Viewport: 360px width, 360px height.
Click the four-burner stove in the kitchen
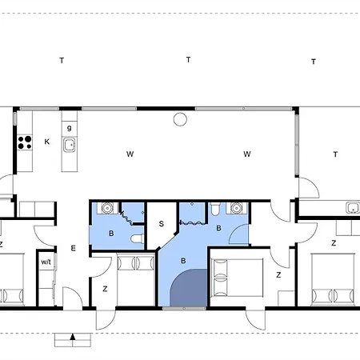25,142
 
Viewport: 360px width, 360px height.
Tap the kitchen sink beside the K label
70,146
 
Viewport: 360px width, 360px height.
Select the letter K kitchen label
47,142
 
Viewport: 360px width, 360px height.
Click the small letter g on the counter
70,128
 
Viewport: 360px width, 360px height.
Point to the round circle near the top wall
180,119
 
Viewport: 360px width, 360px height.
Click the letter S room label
162,224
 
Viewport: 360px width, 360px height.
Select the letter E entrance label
74,249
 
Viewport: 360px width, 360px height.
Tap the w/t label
46,262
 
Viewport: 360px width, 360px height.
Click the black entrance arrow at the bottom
73,337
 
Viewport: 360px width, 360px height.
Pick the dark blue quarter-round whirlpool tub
190,290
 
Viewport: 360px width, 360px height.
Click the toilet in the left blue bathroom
138,238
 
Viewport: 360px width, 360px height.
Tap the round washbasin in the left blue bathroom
107,208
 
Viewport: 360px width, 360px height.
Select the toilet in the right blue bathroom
215,209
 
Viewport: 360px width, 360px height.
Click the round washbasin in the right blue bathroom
236,208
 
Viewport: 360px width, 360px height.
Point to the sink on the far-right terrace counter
353,208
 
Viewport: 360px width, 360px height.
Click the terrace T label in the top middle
189,59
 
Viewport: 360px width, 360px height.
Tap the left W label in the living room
130,154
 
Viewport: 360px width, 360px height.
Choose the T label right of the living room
335,154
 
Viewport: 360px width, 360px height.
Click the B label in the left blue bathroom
111,234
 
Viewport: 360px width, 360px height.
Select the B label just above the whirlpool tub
183,261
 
